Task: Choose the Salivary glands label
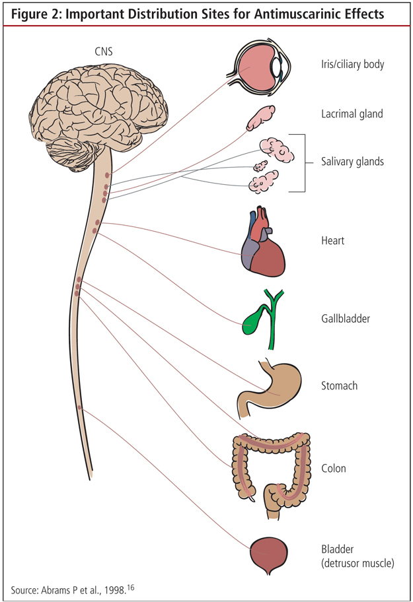tap(352, 162)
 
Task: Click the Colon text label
tap(332, 469)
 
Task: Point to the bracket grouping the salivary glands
tap(303, 162)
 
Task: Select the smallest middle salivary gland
tap(260, 165)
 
